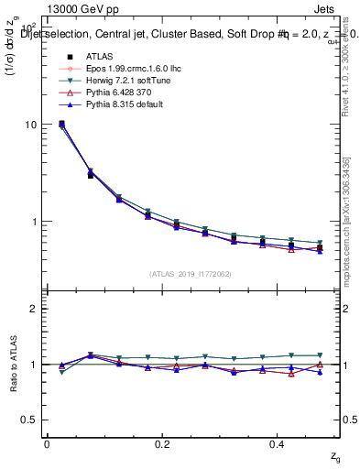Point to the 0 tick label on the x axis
pos(47,444)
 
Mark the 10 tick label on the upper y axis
pos(31,125)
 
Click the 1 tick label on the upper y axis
pos(34,222)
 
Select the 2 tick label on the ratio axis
pos(34,309)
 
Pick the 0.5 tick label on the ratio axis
pos(29,420)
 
